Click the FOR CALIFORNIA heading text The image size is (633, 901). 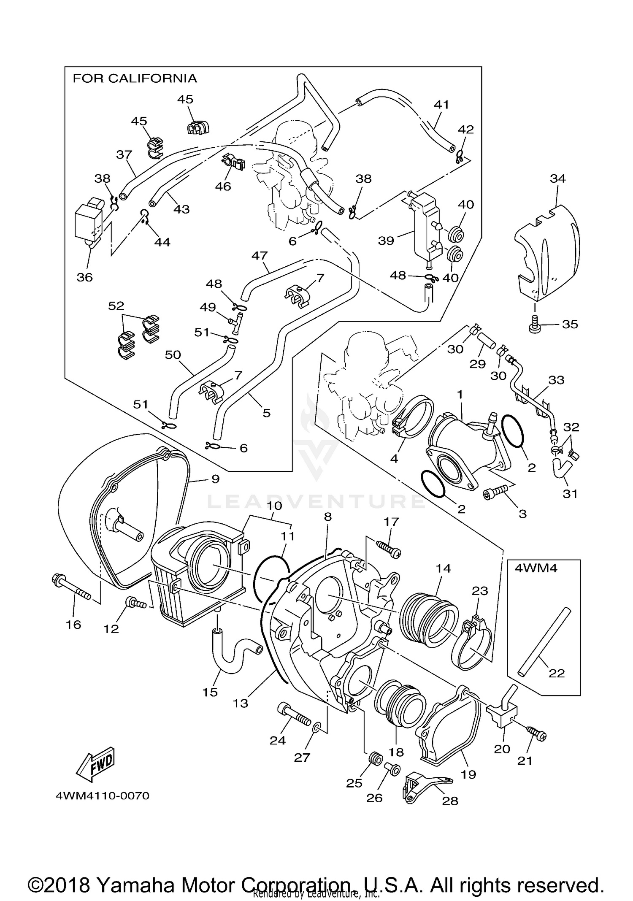pyautogui.click(x=135, y=78)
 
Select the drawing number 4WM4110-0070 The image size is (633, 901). pyautogui.click(x=103, y=796)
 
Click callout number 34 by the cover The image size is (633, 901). pyautogui.click(x=557, y=179)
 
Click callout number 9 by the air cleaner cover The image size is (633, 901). pyautogui.click(x=215, y=479)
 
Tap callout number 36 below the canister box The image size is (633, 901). pyautogui.click(x=84, y=277)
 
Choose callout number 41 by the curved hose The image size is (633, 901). pyautogui.click(x=441, y=104)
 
